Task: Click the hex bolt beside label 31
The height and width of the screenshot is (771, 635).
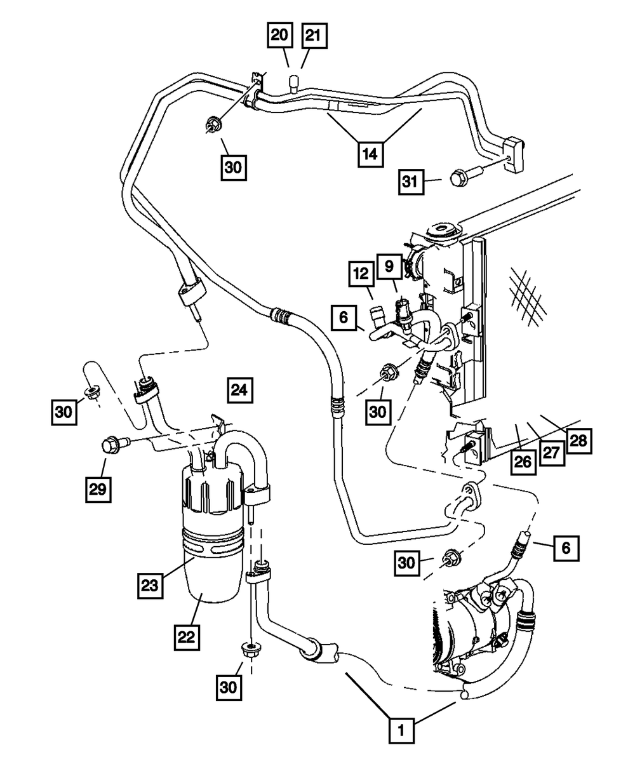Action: [x=458, y=178]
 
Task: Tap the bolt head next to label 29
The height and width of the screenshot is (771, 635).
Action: [x=111, y=445]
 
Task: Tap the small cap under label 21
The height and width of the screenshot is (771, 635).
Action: [x=295, y=83]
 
